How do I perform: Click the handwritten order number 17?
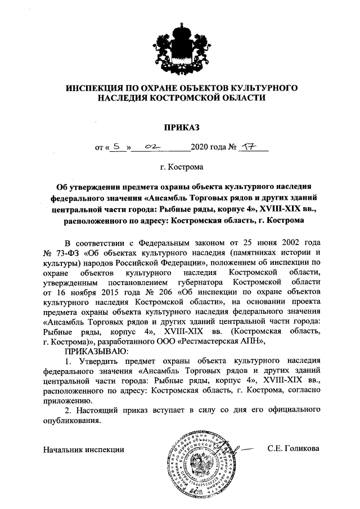(247, 148)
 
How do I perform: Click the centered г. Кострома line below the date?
(181, 167)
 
